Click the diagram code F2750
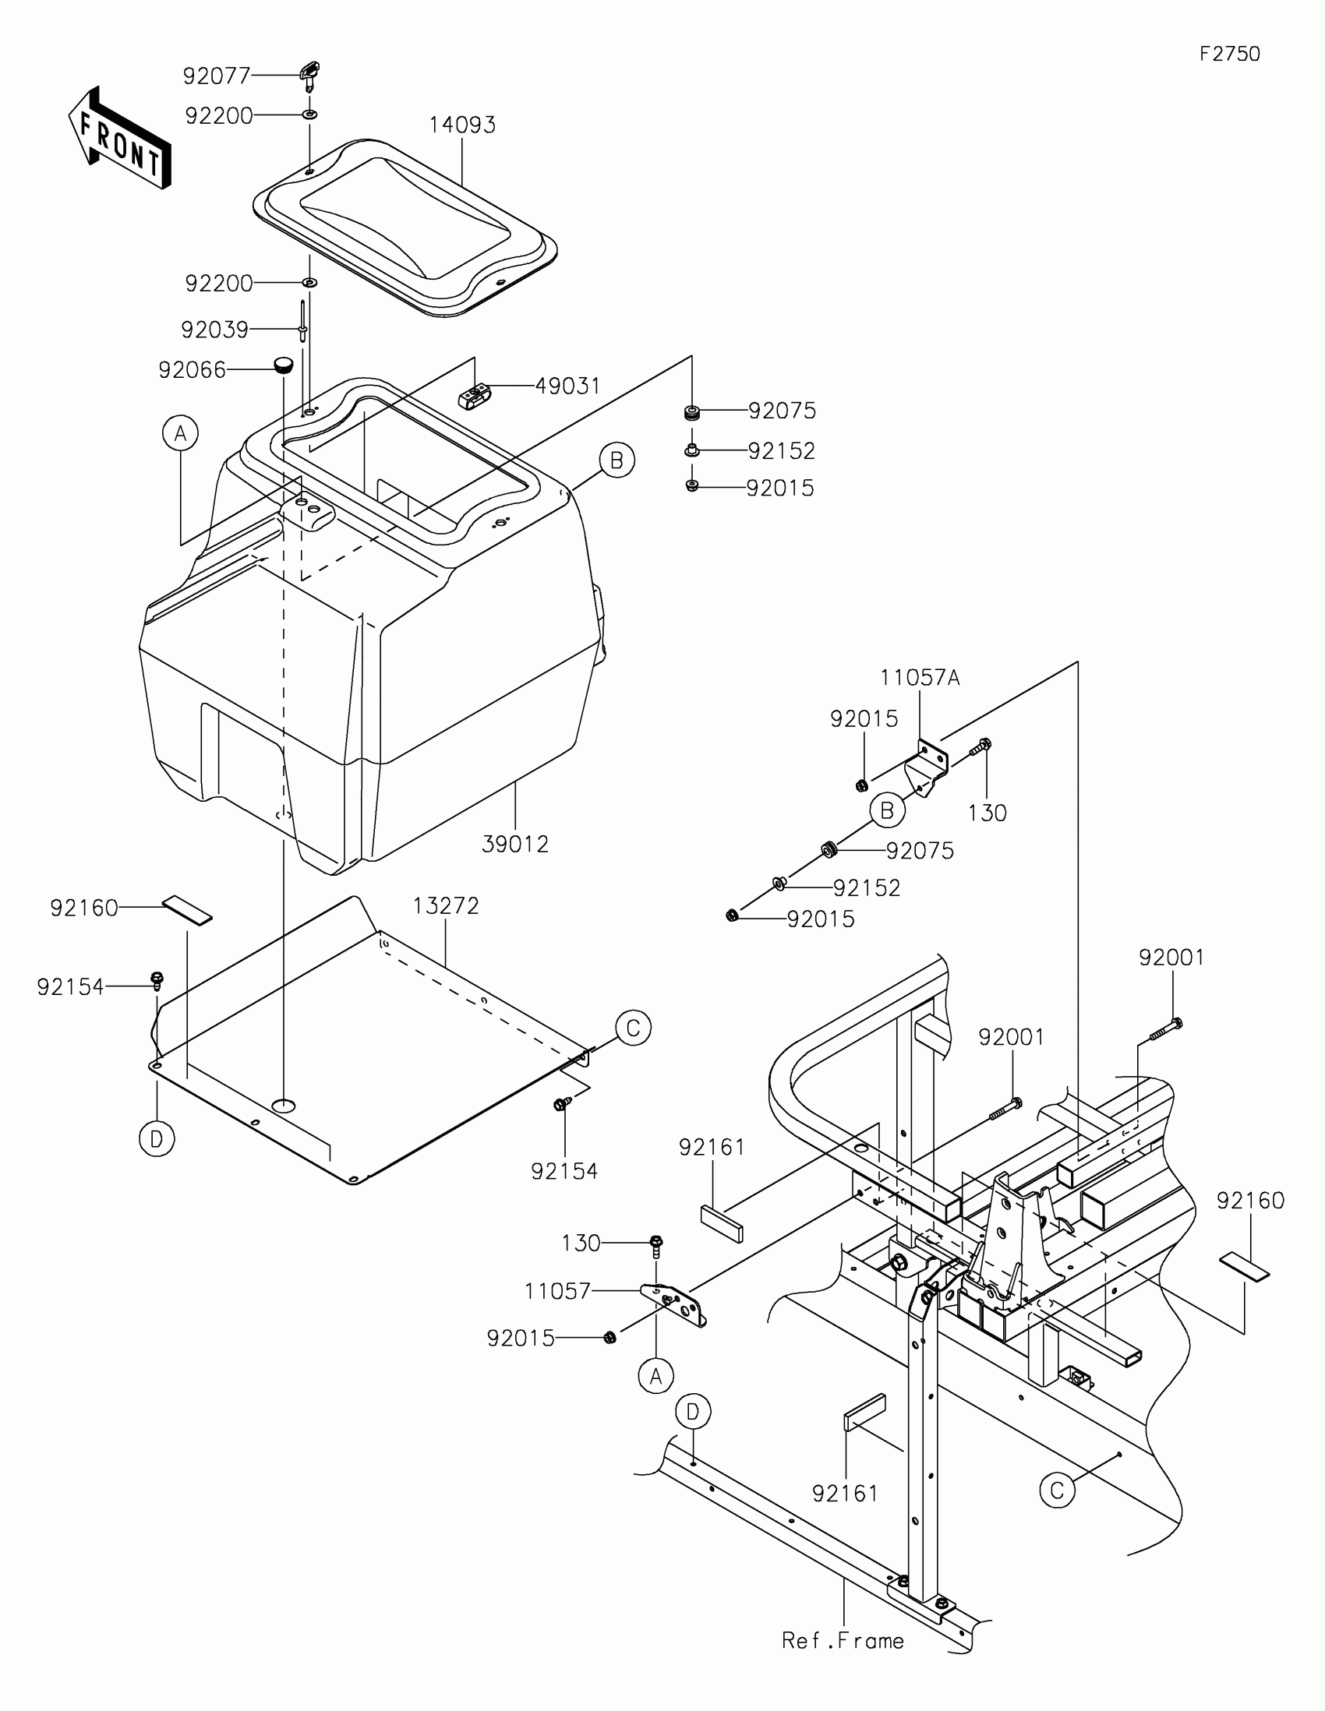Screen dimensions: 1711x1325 tap(1229, 54)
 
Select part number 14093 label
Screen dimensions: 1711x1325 tap(462, 125)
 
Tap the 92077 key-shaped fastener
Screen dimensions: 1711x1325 tap(310, 76)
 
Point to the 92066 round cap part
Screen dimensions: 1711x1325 tap(283, 365)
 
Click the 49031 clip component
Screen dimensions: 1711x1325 tap(473, 396)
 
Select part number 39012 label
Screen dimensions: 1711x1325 tap(514, 845)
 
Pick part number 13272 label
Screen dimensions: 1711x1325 tap(446, 905)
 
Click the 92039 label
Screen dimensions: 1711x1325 tap(214, 330)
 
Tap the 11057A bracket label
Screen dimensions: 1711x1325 tap(919, 678)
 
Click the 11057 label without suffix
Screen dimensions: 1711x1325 tap(557, 1291)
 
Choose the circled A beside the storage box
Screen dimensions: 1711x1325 tap(181, 432)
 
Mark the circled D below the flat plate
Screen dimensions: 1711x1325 tap(157, 1139)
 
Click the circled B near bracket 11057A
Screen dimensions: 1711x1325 tap(887, 810)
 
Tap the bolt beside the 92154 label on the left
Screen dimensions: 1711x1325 tap(157, 979)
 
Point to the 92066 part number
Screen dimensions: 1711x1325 tap(192, 371)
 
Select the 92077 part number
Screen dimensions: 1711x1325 tap(216, 76)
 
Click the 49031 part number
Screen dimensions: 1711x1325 tap(567, 386)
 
